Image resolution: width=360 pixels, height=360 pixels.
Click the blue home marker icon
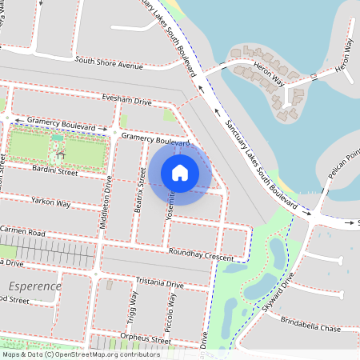point(180,172)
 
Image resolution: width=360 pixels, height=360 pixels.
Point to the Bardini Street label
point(54,171)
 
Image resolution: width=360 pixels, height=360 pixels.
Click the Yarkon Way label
point(51,202)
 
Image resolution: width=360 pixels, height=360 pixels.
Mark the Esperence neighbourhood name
point(34,286)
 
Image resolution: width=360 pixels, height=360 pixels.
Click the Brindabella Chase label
point(310,328)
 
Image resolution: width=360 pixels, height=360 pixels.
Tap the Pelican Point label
point(344,166)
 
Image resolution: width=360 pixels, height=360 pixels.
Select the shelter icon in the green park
point(61,152)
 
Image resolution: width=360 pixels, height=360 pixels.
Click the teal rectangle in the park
point(58,138)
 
